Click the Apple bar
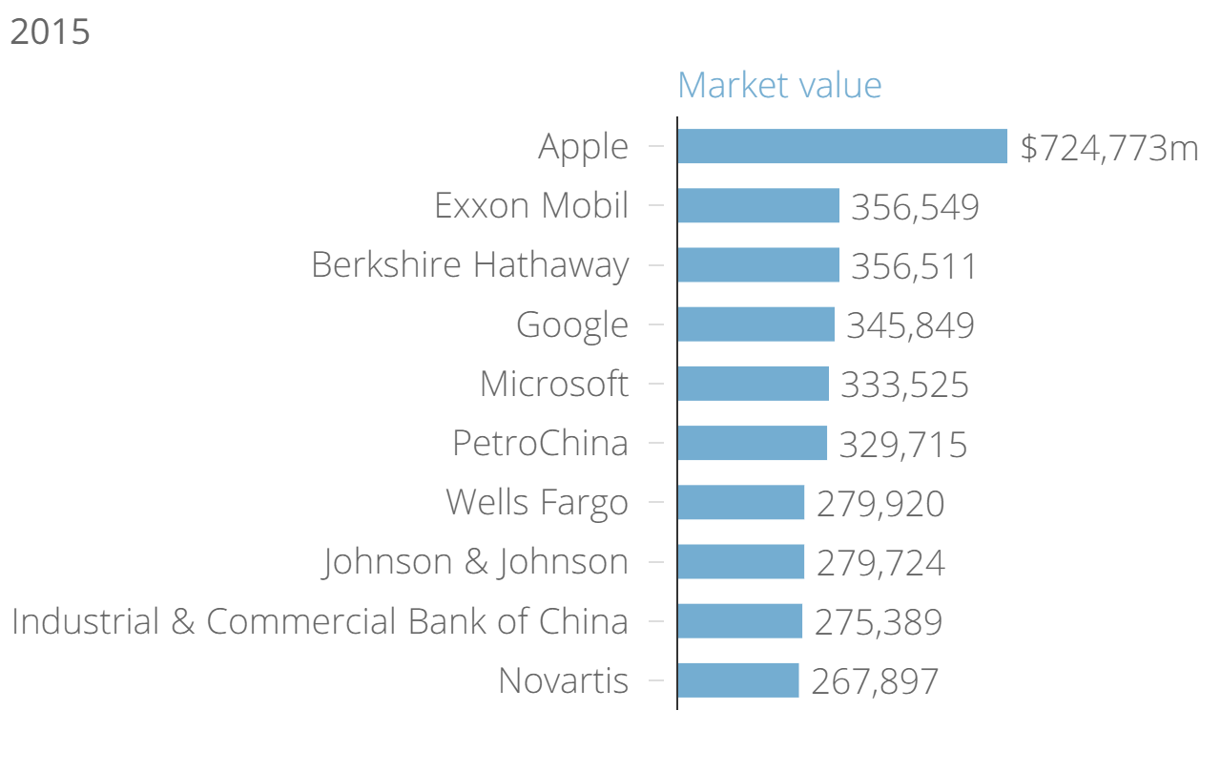click(x=842, y=146)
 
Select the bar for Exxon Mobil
click(x=758, y=205)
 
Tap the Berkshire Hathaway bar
click(x=758, y=264)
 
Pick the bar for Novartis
click(x=738, y=680)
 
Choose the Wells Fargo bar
click(x=741, y=502)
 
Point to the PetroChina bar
click(x=753, y=443)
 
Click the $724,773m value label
click(x=1108, y=148)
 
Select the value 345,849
click(x=910, y=325)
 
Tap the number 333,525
click(x=904, y=385)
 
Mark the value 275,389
click(x=878, y=622)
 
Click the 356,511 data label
click(x=914, y=266)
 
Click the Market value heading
click(x=779, y=85)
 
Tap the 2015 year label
click(x=50, y=31)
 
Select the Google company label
click(x=572, y=325)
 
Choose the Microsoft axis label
click(x=554, y=384)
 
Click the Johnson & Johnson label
click(x=476, y=561)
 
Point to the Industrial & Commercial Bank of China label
click(x=320, y=621)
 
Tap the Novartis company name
click(x=563, y=680)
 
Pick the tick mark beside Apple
click(x=655, y=146)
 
